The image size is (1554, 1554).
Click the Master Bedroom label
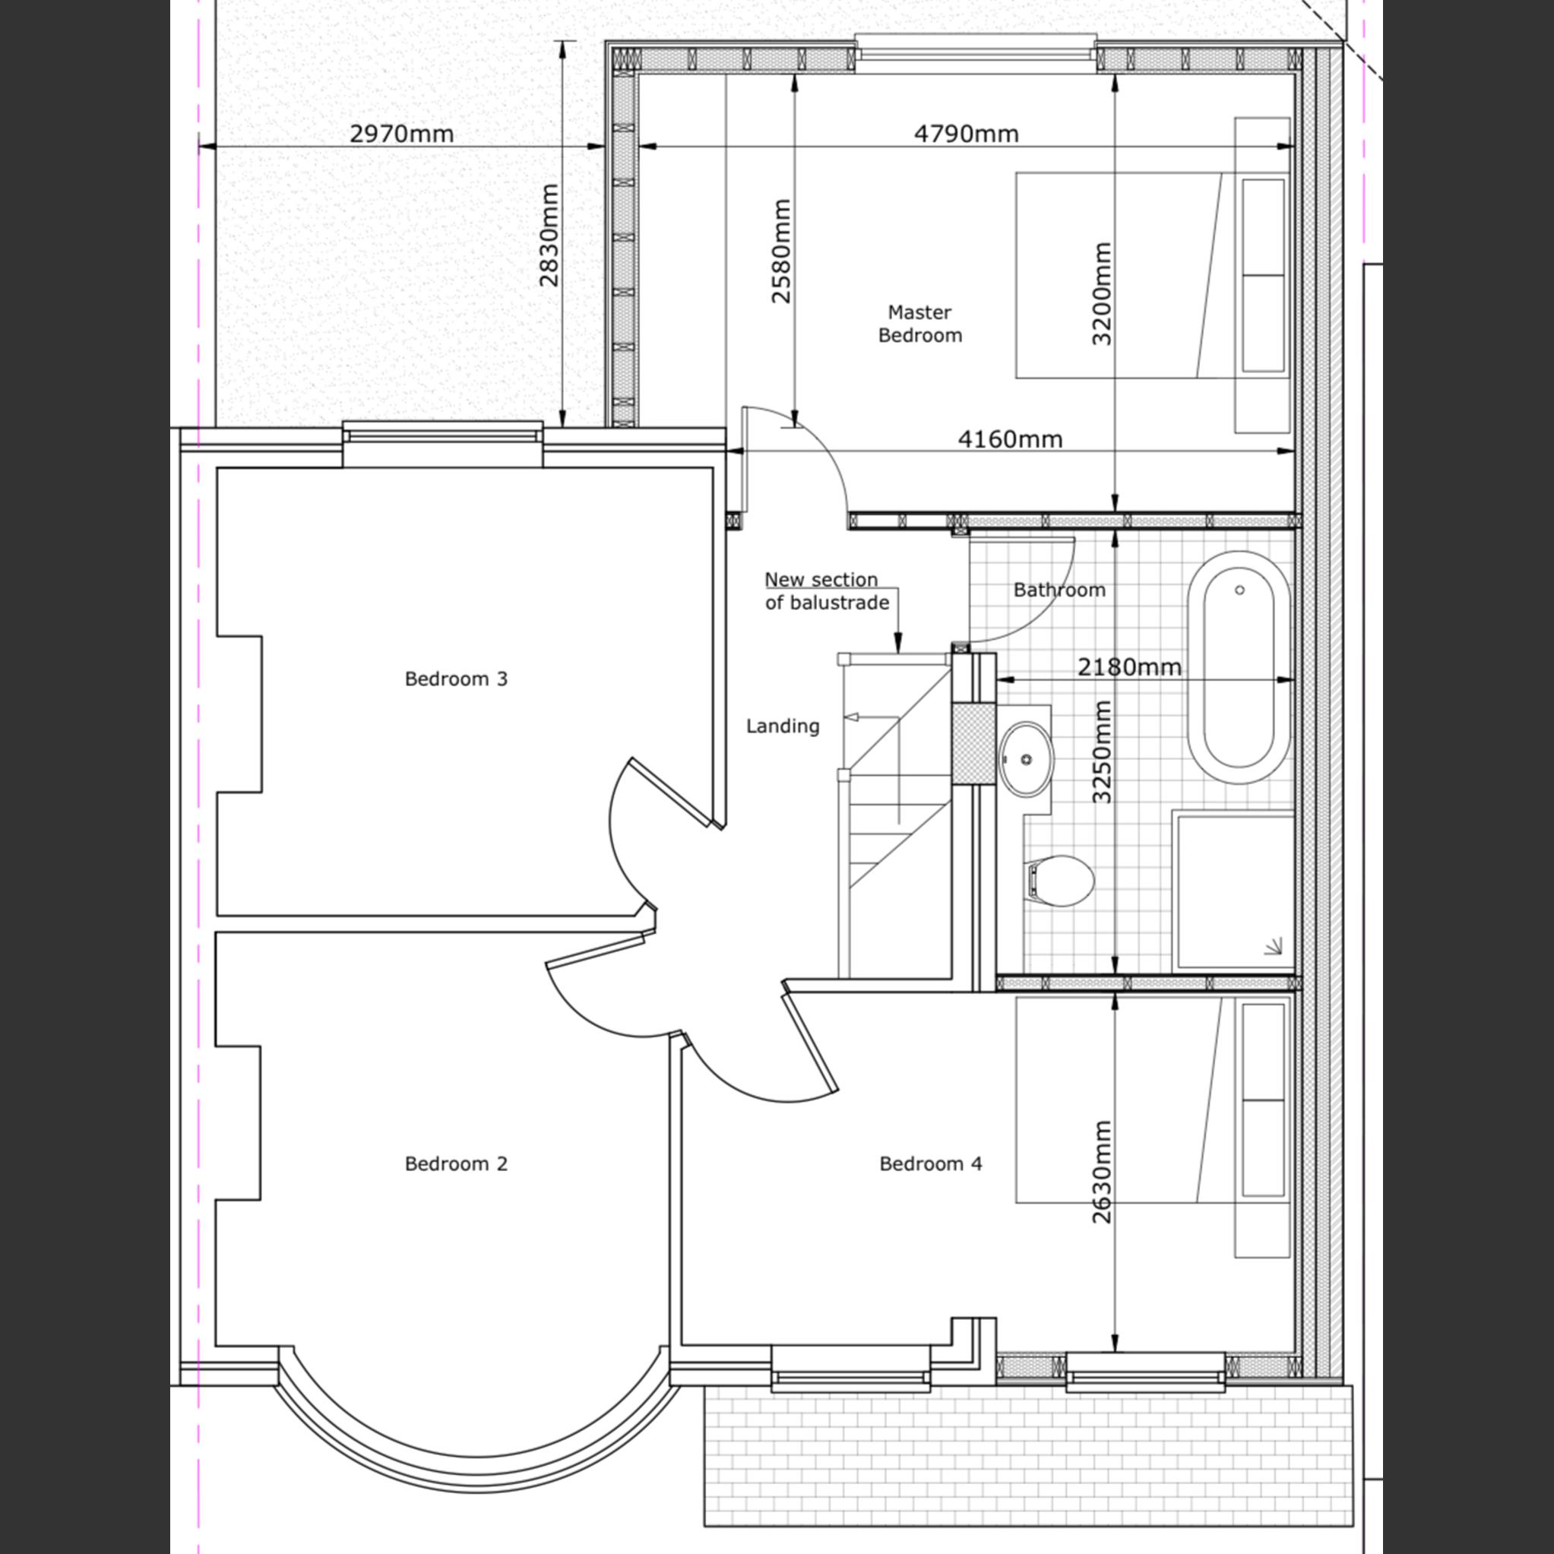click(x=919, y=324)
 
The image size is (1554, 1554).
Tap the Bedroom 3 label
click(x=456, y=679)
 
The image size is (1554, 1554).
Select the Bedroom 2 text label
click(x=456, y=1164)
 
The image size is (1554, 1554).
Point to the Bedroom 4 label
click(x=931, y=1164)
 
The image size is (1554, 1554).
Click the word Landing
click(x=783, y=726)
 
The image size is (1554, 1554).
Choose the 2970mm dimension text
click(x=401, y=134)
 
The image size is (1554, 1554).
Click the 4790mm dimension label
click(x=966, y=134)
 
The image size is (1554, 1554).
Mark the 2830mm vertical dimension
click(x=549, y=236)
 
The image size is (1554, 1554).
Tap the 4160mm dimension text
click(x=1010, y=439)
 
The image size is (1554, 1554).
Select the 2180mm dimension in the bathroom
click(x=1129, y=666)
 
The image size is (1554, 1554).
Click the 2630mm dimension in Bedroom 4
click(x=1101, y=1172)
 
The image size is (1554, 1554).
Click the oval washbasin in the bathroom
click(x=1027, y=758)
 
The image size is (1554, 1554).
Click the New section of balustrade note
click(x=826, y=591)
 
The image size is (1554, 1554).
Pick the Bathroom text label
click(x=1059, y=590)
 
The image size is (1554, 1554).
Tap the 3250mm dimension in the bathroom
click(x=1101, y=752)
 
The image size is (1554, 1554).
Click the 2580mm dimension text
click(x=780, y=251)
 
